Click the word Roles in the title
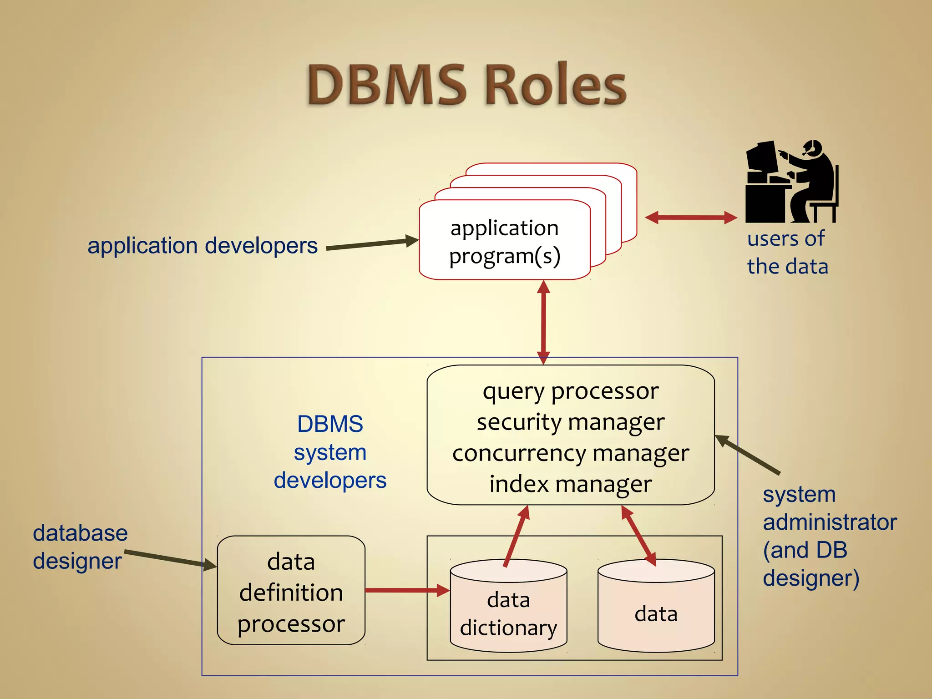(x=556, y=85)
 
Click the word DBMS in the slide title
(x=387, y=85)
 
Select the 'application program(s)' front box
(x=504, y=241)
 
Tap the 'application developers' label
(x=203, y=246)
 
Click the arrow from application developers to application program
(x=371, y=244)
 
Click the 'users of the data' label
(x=787, y=252)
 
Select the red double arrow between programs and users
(x=691, y=218)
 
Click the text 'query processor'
(x=571, y=391)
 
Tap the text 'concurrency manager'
(x=571, y=453)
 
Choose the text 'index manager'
(x=571, y=484)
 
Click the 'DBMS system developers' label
(x=330, y=452)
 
